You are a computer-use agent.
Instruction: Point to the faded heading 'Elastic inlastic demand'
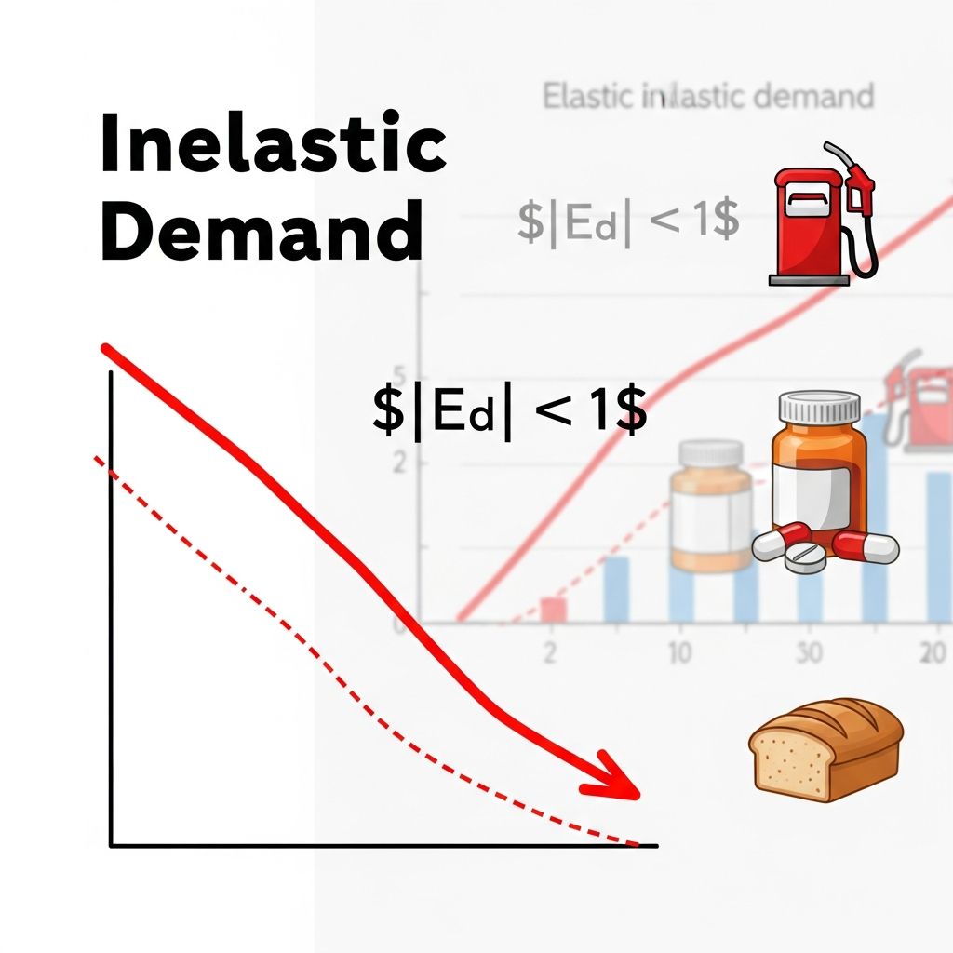click(708, 96)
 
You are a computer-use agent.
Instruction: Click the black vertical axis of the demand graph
click(111, 605)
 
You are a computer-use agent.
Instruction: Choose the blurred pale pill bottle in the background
click(713, 507)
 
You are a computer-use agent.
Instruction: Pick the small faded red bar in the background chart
click(554, 609)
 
